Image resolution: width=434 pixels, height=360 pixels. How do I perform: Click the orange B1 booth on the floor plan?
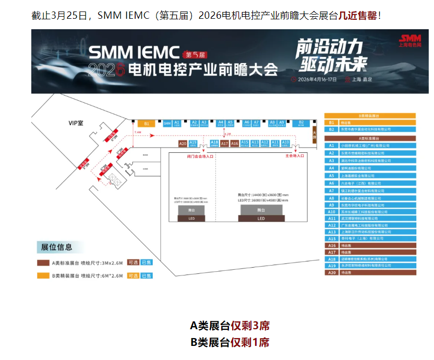tap(147, 124)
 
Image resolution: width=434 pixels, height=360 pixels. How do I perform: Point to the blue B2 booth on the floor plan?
tap(301, 124)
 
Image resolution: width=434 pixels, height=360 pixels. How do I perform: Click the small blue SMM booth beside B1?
tap(167, 124)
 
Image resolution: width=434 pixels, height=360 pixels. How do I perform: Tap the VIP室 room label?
tap(77, 123)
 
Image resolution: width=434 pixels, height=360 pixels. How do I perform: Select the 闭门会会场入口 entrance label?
tap(199, 156)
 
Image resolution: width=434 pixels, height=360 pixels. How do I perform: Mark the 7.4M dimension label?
tap(138, 133)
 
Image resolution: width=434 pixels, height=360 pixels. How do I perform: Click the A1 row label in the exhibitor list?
tap(331, 146)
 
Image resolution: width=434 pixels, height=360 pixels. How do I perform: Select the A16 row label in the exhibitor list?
tap(331, 245)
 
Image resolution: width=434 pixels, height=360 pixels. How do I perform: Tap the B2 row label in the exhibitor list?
tap(331, 129)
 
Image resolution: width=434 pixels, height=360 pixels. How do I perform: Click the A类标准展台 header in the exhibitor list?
tap(370, 138)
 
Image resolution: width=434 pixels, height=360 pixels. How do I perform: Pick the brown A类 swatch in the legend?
tap(43, 262)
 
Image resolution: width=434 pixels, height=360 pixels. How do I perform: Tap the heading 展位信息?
tap(57, 247)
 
